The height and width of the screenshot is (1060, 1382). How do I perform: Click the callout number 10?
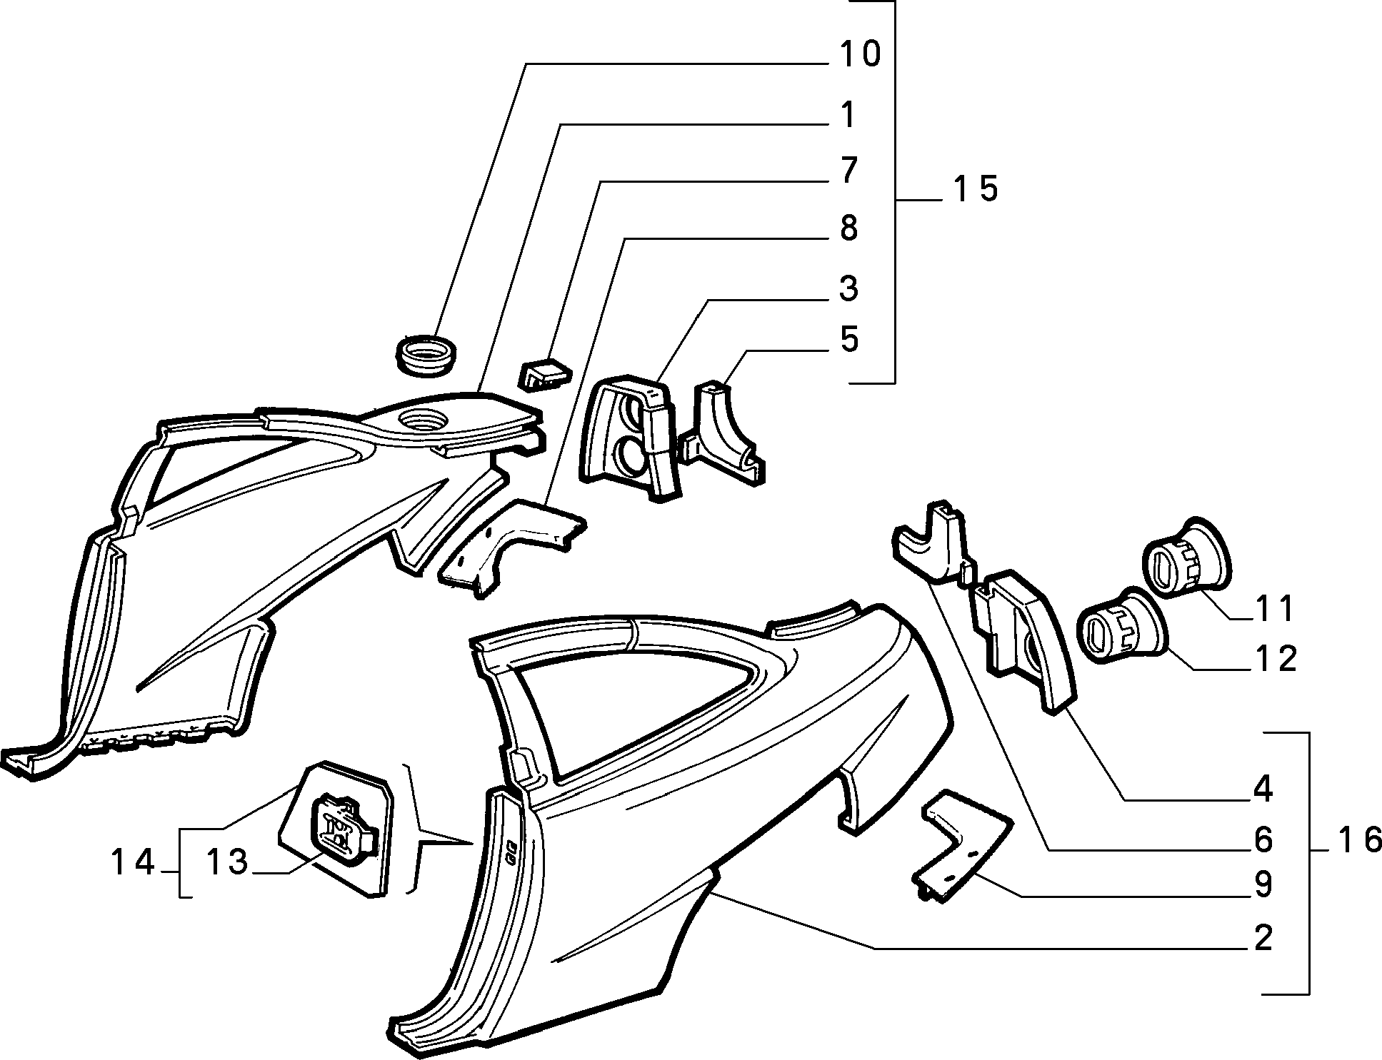pyautogui.click(x=860, y=55)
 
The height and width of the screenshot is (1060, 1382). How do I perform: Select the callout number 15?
pyautogui.click(x=975, y=190)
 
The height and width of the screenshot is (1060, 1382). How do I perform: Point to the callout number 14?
pyautogui.click(x=132, y=863)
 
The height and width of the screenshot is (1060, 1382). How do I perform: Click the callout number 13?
pyautogui.click(x=227, y=862)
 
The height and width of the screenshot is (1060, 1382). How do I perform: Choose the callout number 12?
pyautogui.click(x=1274, y=659)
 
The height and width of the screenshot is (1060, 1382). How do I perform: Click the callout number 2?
pyautogui.click(x=1263, y=938)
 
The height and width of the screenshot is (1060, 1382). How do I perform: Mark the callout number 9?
pyautogui.click(x=1263, y=884)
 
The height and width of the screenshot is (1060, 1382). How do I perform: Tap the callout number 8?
pyautogui.click(x=848, y=229)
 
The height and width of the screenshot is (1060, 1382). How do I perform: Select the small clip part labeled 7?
pyautogui.click(x=544, y=373)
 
